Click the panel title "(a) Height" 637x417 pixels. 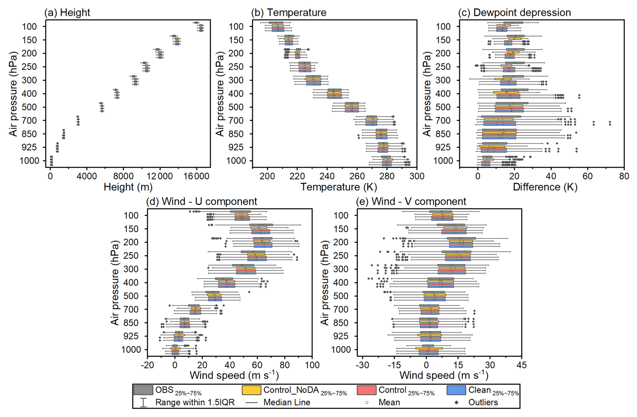pyautogui.click(x=67, y=13)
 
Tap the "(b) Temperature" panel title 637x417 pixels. pyautogui.click(x=289, y=13)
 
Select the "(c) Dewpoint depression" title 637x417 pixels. pyautogui.click(x=514, y=13)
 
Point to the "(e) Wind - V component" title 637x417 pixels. pyautogui.click(x=411, y=201)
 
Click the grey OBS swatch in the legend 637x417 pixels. pyautogui.click(x=143, y=390)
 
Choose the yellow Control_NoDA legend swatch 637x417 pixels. pyautogui.click(x=252, y=390)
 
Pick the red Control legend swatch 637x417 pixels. pyautogui.click(x=366, y=390)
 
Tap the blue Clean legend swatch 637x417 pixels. pyautogui.click(x=456, y=390)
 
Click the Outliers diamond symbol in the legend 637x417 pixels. pyautogui.click(x=457, y=403)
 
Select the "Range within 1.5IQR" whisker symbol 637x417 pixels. pyautogui.click(x=143, y=403)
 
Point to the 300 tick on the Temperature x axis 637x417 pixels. pyautogui.click(x=417, y=176)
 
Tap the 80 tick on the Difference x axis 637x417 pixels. pyautogui.click(x=624, y=176)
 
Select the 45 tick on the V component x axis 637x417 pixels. pyautogui.click(x=522, y=365)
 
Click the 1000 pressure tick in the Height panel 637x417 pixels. pyautogui.click(x=29, y=161)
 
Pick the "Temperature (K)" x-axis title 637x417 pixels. pyautogui.click(x=338, y=187)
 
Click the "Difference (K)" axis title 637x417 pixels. pyautogui.click(x=545, y=187)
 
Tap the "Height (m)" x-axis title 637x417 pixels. pyautogui.click(x=128, y=187)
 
